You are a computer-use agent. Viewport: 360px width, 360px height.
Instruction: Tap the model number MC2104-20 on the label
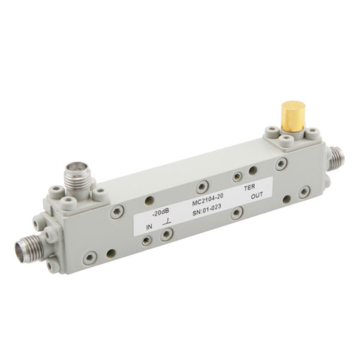[x=208, y=200]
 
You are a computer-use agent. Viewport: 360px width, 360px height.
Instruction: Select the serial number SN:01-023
[x=207, y=210]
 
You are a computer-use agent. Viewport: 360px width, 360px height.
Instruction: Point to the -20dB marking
[x=161, y=212]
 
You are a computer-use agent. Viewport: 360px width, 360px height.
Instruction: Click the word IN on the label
[x=149, y=227]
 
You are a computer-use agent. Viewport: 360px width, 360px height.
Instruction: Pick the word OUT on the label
[x=257, y=196]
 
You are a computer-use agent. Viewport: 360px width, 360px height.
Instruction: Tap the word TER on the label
[x=249, y=186]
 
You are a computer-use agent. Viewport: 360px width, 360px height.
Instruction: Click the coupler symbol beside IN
[x=167, y=222]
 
